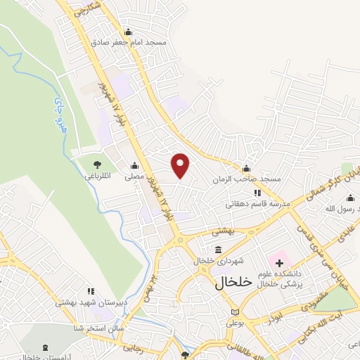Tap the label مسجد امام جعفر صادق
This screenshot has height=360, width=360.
[129, 42]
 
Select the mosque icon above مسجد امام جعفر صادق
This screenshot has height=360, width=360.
[128, 32]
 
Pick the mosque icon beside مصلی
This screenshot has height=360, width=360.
[134, 166]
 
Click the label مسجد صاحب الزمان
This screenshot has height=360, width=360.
[247, 179]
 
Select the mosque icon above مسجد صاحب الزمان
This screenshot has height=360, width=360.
[246, 168]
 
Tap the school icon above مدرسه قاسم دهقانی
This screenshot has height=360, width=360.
[257, 193]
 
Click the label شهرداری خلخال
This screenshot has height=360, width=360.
[219, 260]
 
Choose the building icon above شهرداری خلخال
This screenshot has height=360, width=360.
[219, 250]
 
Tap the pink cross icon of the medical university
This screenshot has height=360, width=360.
[279, 262]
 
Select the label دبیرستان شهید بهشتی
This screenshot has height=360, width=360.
[91, 302]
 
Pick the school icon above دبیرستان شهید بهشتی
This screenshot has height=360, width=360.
[90, 290]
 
